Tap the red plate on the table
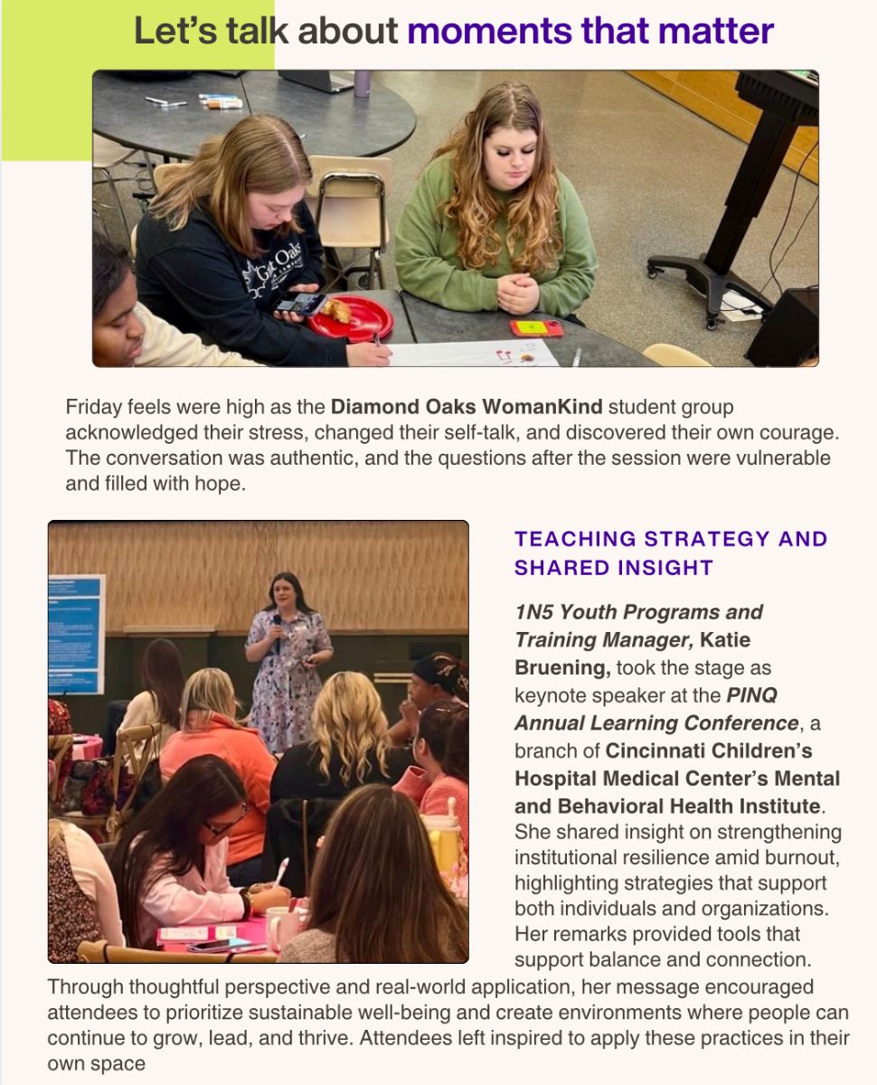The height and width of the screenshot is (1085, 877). [351, 317]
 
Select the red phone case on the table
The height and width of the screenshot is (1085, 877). [535, 328]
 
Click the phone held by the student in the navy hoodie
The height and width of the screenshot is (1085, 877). [298, 303]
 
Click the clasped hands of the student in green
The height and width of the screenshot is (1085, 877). [518, 294]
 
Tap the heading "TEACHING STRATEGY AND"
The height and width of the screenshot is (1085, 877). [671, 539]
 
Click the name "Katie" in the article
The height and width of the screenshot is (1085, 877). [724, 640]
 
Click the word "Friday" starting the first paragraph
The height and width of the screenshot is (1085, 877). [94, 407]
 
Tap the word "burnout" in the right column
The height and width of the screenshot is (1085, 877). [799, 858]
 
